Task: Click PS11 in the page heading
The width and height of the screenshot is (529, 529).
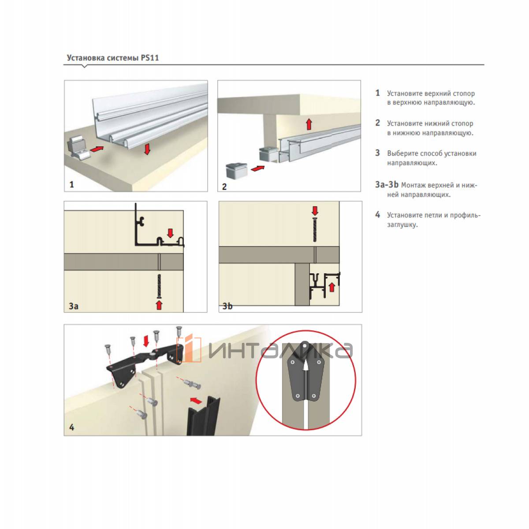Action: coord(149,58)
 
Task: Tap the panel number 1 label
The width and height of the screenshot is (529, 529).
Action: coord(72,184)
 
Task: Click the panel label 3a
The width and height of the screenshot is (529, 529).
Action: coord(73,306)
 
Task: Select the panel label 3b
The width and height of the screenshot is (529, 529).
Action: coord(227,306)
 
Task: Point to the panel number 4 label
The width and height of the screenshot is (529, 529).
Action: coord(72,428)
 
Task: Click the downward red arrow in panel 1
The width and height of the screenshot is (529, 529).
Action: coord(147,149)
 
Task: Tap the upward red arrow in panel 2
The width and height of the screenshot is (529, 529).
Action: coord(309,124)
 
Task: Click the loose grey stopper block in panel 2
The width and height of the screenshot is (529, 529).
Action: coord(236,171)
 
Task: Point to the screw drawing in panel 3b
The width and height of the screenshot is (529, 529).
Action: coord(315,230)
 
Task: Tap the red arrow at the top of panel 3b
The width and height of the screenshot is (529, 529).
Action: coord(315,211)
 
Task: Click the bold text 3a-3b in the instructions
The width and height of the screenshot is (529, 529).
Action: coord(387,184)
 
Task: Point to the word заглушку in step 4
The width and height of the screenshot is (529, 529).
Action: coord(402,225)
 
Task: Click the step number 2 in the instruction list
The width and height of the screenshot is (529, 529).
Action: coord(378,123)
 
